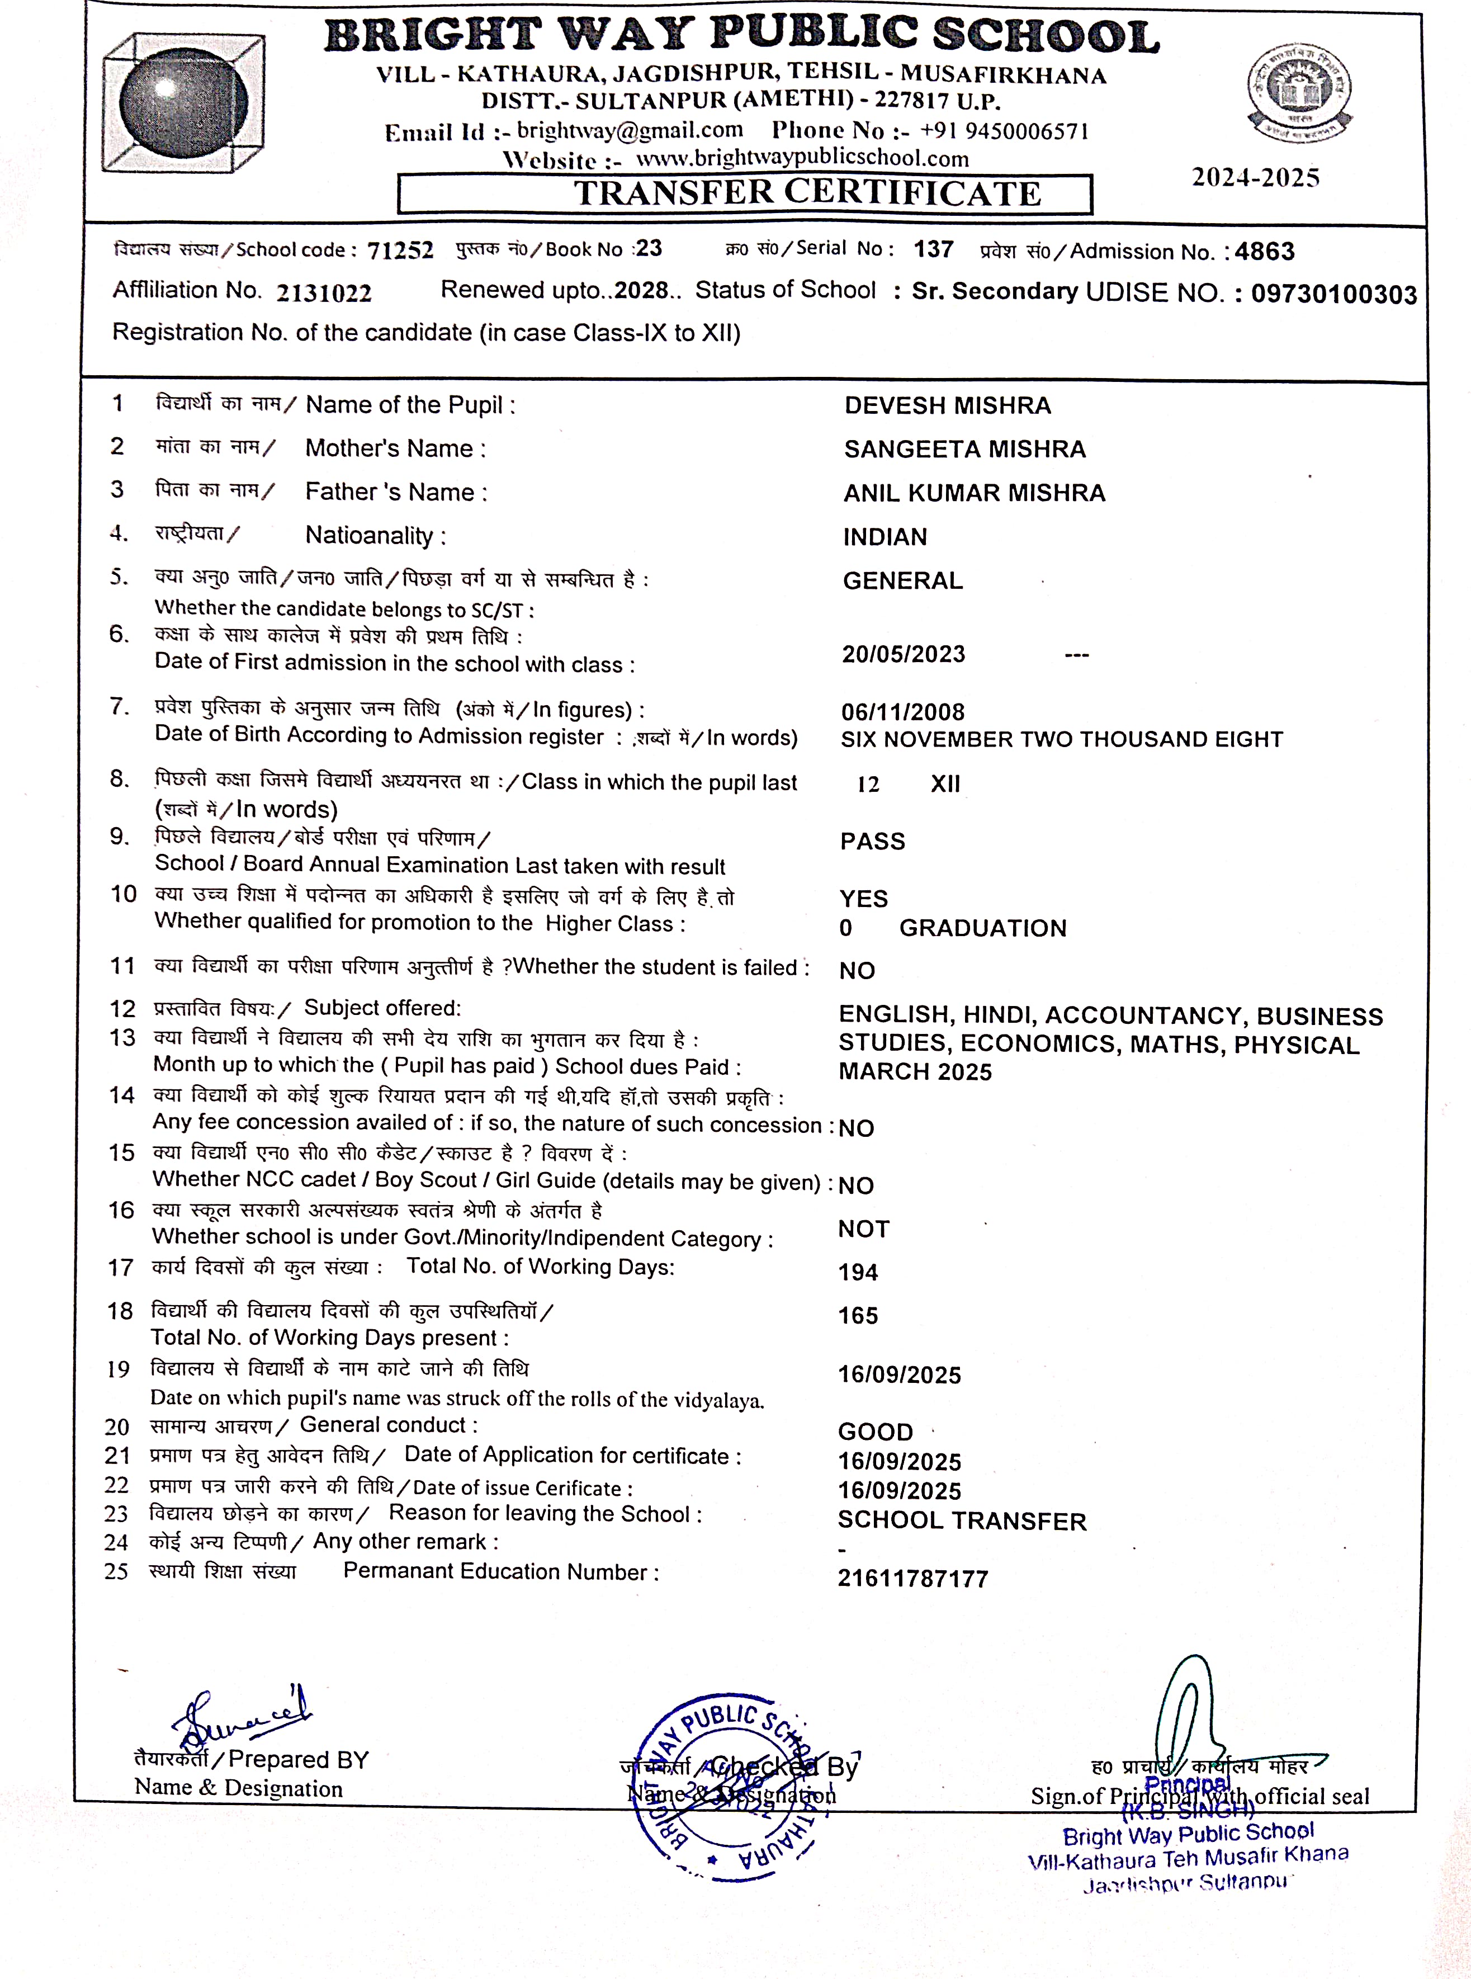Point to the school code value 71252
point(400,251)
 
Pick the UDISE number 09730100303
point(1333,294)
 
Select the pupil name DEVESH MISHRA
point(948,405)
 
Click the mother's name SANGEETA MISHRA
point(964,449)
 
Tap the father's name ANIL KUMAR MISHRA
point(974,493)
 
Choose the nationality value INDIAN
point(885,537)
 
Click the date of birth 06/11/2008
point(903,712)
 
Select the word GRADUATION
point(982,928)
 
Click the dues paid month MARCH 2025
point(915,1071)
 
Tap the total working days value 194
point(858,1272)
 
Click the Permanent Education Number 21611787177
point(912,1579)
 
